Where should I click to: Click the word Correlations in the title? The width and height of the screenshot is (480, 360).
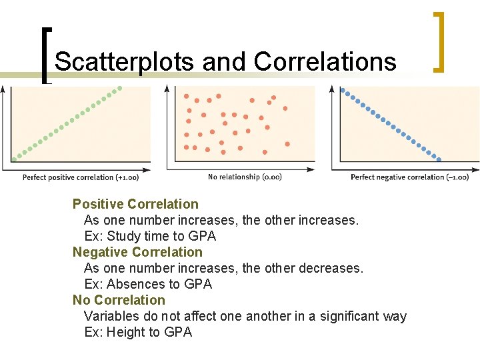coord(325,62)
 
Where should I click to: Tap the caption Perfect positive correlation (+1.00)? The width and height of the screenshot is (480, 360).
coord(81,177)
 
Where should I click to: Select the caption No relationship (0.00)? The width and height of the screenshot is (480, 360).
coord(245,177)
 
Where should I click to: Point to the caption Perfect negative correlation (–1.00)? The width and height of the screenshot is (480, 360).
coord(409,177)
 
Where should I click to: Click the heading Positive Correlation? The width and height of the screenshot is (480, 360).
coord(135,204)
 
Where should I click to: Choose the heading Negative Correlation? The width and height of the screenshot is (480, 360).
coord(137,252)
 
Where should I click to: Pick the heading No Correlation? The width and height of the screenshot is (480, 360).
coord(119,300)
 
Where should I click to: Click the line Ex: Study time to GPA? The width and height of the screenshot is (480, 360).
coord(150,236)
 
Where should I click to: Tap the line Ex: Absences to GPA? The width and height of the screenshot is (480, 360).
coord(148,284)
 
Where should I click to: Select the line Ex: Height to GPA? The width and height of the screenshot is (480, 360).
coord(138,332)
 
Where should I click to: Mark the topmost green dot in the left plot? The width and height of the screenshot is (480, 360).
coord(121,87)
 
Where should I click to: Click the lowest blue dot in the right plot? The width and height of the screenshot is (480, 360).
coord(438,159)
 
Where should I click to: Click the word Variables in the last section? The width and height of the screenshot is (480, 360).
coord(112,316)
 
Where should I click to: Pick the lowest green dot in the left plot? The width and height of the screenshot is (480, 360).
coord(14,159)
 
